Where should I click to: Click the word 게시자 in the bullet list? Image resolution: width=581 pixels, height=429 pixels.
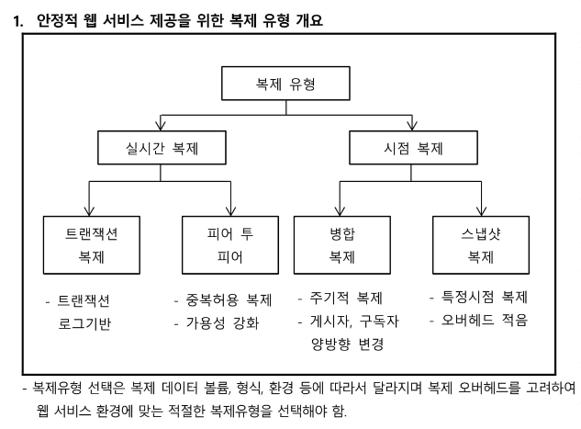(333, 322)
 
